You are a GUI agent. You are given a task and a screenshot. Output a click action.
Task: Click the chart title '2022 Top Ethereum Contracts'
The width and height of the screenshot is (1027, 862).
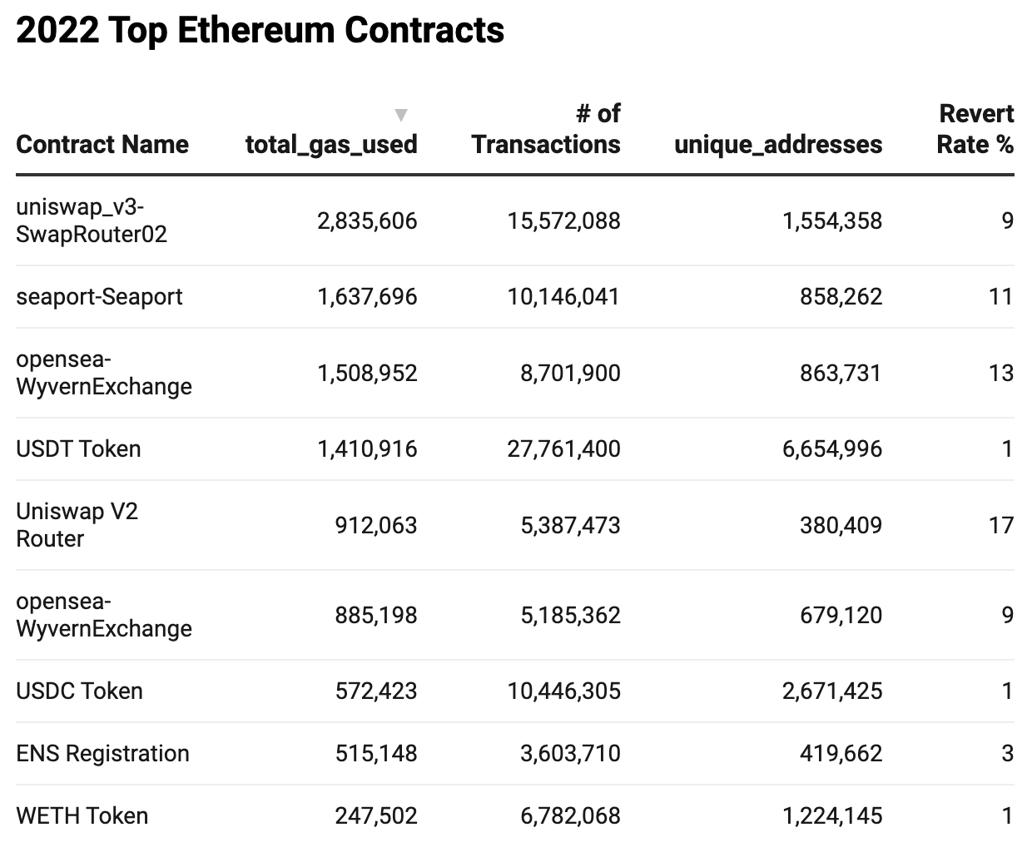[260, 31]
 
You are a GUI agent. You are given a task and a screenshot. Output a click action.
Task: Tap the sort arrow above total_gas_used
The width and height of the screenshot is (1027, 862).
[401, 115]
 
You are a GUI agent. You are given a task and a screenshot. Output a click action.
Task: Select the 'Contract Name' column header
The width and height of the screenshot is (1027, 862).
[102, 144]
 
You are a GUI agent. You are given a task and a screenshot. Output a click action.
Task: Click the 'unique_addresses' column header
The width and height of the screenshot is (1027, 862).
[777, 144]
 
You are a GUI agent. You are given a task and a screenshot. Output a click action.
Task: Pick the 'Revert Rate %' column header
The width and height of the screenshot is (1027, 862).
[975, 129]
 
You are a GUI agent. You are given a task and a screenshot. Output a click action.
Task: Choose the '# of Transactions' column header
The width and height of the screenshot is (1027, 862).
[546, 129]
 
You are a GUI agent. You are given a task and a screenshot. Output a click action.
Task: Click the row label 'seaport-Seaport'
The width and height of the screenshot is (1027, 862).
[99, 297]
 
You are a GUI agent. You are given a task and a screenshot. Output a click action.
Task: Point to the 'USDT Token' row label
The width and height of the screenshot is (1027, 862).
[78, 449]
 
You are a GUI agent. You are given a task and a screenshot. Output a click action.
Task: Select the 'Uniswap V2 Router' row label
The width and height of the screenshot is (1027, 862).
[77, 525]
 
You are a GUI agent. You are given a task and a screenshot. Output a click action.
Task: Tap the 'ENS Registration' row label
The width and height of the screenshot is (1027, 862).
[102, 754]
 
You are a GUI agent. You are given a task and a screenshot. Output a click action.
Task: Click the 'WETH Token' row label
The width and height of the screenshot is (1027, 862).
[82, 816]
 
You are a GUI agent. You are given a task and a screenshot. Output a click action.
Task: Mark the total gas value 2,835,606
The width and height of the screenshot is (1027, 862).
[367, 221]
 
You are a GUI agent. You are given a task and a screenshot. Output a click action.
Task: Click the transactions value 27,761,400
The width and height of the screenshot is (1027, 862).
[563, 449]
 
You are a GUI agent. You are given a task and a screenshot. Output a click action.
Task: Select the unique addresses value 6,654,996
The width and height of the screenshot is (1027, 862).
[831, 449]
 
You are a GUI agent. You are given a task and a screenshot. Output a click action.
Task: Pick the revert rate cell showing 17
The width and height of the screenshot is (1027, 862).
[1000, 526]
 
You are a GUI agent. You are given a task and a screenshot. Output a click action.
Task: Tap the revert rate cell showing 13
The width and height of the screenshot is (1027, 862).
[1000, 373]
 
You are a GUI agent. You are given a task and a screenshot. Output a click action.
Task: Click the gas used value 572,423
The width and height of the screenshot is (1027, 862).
[376, 691]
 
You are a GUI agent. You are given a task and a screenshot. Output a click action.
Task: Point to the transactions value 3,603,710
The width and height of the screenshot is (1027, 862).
[570, 754]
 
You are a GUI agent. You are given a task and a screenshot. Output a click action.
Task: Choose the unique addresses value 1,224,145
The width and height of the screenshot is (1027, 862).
[831, 816]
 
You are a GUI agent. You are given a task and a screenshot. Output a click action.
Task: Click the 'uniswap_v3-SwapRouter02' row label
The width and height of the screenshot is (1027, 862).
[92, 221]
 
